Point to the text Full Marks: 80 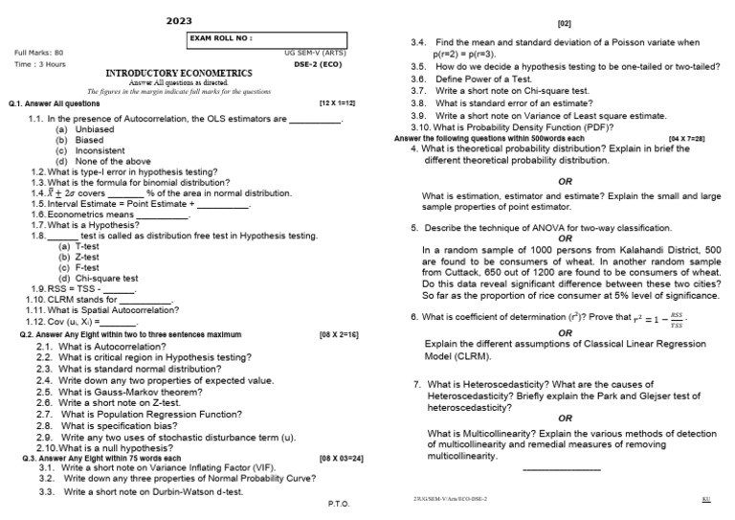pyautogui.click(x=39, y=52)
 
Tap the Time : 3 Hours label pyautogui.click(x=40, y=63)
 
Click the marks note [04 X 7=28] pyautogui.click(x=687, y=139)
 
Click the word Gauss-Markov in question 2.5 pyautogui.click(x=119, y=392)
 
